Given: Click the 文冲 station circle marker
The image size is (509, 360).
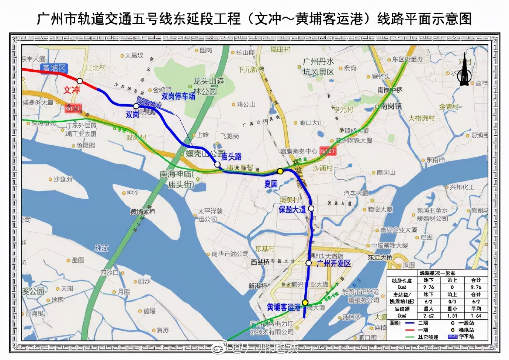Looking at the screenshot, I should point(80,81).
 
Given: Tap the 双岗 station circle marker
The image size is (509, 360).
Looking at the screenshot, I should point(136,106).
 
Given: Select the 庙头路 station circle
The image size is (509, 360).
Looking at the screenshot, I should point(217,165).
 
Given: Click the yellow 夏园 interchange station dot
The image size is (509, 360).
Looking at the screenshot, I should point(280,171).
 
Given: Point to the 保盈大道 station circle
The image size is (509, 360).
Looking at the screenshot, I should point(311,208).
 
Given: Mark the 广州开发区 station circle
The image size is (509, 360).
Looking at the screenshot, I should point(309,263).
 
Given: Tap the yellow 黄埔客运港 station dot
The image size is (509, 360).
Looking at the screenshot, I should point(305,302).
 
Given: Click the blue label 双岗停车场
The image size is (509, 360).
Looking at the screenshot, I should point(179,96).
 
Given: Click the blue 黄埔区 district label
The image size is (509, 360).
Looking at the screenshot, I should point(54,68).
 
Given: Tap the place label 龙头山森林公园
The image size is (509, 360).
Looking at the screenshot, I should point(208,86).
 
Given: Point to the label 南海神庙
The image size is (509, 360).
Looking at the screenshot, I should point(176,174).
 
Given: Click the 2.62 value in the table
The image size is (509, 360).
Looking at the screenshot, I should point(429,316).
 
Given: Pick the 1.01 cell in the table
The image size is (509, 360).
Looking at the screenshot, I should point(452,316).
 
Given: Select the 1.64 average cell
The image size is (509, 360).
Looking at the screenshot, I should point(476,316).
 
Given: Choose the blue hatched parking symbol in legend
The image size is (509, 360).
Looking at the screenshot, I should point(452,336).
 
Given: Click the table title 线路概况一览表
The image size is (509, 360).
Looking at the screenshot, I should point(437,273).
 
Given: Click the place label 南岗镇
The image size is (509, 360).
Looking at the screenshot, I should point(391,106).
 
